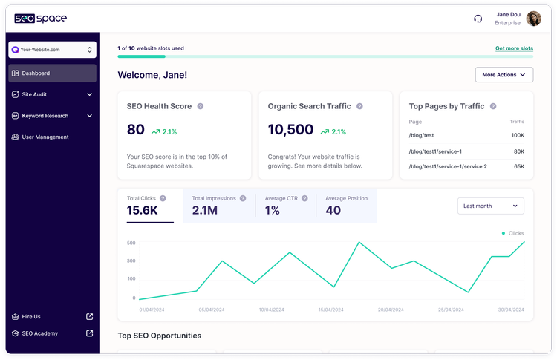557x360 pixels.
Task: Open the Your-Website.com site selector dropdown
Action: click(52, 50)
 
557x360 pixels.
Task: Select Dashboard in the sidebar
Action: click(52, 73)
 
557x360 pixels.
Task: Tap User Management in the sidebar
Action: click(45, 137)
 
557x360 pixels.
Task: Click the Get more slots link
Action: click(514, 48)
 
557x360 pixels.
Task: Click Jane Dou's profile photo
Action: click(533, 19)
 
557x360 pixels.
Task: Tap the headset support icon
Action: click(478, 19)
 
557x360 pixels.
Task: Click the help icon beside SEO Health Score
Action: click(201, 106)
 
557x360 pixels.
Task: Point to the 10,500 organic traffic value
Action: click(290, 130)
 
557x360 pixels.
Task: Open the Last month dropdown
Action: click(491, 206)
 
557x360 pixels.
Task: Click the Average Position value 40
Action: click(333, 210)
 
